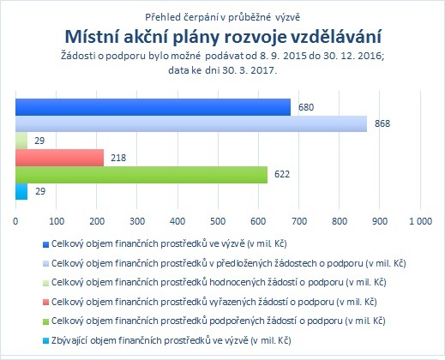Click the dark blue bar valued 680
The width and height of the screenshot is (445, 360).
click(153, 107)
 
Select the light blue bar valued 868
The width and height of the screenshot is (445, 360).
click(191, 123)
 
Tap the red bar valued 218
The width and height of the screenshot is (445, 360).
click(59, 158)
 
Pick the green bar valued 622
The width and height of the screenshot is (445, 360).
click(141, 175)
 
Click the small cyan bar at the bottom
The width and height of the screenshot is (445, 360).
click(21, 191)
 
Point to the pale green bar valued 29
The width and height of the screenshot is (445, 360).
click(21, 141)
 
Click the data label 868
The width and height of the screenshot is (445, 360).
click(382, 123)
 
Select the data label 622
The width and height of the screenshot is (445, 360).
click(282, 174)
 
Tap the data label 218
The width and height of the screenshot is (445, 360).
click(118, 158)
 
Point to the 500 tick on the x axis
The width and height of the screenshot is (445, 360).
click(218, 221)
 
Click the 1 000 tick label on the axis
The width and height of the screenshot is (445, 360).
click(420, 221)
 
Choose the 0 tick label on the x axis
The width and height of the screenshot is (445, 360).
click(15, 221)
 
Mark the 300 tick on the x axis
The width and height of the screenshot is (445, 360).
click(137, 221)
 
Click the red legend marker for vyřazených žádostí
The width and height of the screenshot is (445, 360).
click(45, 302)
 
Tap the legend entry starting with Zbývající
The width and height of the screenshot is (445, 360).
click(167, 340)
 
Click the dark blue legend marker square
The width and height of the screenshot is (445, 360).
click(45, 244)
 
